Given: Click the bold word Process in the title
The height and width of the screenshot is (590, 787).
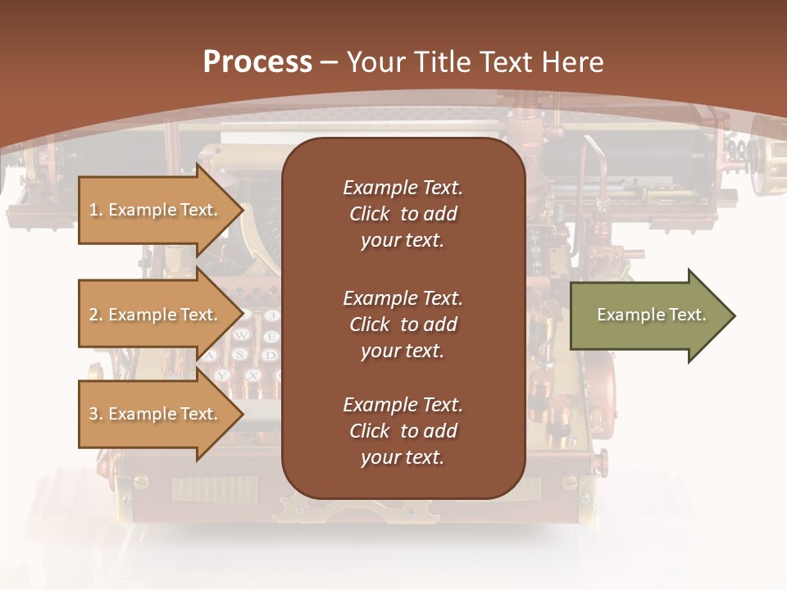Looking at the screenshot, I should click(x=257, y=61).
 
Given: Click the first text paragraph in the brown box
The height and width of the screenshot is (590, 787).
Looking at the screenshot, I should click(x=403, y=214).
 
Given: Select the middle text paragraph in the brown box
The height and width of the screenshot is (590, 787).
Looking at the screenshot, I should click(x=403, y=324).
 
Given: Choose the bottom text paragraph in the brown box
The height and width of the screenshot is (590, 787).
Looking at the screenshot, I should click(x=403, y=431).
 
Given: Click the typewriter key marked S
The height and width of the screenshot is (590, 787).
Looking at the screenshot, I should click(x=240, y=355).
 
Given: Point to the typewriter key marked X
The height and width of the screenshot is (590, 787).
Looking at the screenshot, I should click(x=253, y=374).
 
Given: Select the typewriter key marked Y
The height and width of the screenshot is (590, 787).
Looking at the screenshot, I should click(x=222, y=375).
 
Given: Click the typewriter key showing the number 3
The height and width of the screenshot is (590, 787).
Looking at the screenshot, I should click(x=272, y=315).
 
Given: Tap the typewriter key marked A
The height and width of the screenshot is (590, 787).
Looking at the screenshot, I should click(x=211, y=356).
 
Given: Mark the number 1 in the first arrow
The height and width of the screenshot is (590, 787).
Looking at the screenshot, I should click(x=93, y=210).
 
